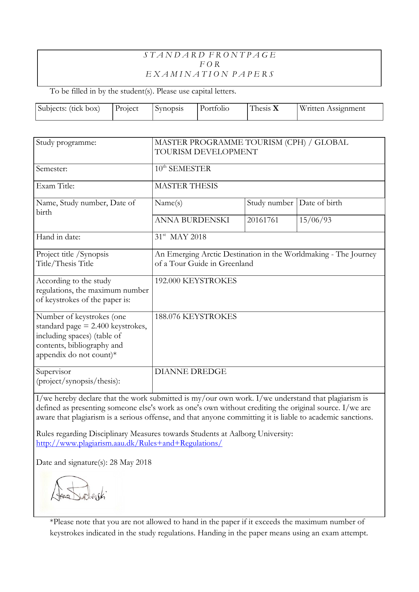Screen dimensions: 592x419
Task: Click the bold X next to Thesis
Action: point(276,108)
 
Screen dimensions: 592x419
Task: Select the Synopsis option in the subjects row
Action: point(169,108)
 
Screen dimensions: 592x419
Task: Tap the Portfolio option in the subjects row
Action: point(214,108)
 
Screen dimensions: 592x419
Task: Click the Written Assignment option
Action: point(332,108)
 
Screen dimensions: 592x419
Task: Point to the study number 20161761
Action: point(263,220)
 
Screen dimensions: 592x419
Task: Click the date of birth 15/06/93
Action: point(315,220)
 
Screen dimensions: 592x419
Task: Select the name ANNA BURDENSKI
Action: point(192,220)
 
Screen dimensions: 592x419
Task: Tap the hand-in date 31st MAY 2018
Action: point(180,237)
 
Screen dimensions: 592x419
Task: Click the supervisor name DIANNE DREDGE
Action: point(190,372)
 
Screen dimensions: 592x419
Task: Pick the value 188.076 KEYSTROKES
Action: point(195,317)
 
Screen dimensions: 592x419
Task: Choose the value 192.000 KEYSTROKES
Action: point(195,281)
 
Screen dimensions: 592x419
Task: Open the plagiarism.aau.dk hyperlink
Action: point(129,443)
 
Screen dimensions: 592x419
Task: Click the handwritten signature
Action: point(79,491)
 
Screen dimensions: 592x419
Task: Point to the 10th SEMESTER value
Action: point(183,169)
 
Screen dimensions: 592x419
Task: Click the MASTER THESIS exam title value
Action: point(186,186)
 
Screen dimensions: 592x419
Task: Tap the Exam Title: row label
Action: point(55,186)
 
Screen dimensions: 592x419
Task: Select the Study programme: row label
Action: point(66,142)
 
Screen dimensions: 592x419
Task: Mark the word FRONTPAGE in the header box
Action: point(242,55)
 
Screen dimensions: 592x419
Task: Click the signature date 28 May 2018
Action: point(130,462)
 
